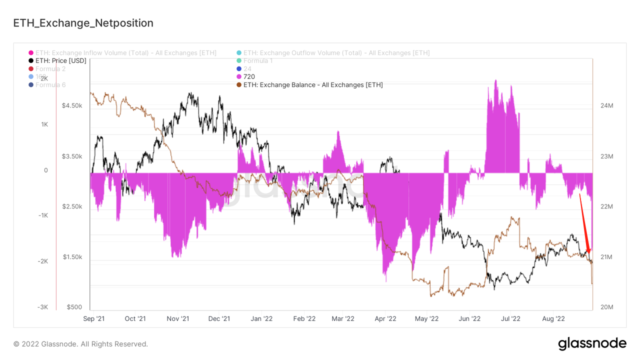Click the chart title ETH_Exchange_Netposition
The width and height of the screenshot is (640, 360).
coord(83,23)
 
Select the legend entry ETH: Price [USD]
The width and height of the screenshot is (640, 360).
coord(60,60)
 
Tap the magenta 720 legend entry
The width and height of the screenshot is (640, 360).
coord(249,76)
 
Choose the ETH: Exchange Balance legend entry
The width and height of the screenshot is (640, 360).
coord(313,84)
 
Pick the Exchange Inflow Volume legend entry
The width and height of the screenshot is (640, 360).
coord(125,52)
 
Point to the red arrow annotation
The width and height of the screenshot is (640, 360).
coord(584,223)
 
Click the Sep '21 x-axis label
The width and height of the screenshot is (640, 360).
coord(94,318)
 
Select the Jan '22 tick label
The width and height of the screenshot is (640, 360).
coord(261,318)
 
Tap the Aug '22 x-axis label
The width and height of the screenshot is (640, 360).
coord(553,318)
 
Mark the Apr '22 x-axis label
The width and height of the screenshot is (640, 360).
coord(385,318)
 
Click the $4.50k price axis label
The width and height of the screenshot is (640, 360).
coord(72,105)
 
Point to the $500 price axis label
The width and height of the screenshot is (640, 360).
coord(74,307)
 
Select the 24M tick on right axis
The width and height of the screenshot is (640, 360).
coord(606,105)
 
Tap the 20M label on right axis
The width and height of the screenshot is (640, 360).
coord(606,307)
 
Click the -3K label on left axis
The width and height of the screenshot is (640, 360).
coord(42,307)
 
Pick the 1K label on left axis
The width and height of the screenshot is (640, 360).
coord(44,124)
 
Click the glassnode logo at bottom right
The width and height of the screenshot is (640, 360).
coord(592,343)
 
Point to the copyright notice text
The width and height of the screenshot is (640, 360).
coord(80,344)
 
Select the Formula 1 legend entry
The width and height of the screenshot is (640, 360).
coord(257,60)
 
